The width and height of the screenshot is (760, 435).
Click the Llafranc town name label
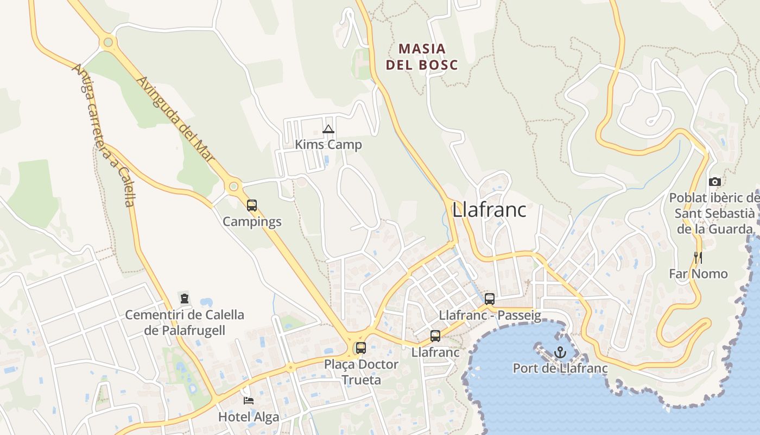tap(489, 210)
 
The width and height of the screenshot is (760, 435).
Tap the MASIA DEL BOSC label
tap(422, 57)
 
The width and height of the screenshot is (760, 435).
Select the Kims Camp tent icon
tap(328, 129)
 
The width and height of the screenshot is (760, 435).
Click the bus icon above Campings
tap(252, 206)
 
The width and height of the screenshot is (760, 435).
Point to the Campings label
tap(252, 222)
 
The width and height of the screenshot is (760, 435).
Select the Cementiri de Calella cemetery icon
tap(185, 299)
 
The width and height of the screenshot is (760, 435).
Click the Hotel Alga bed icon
tap(249, 401)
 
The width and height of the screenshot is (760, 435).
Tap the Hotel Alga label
tap(249, 417)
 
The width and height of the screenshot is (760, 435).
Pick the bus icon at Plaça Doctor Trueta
tap(361, 348)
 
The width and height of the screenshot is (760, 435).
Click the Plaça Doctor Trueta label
tap(361, 372)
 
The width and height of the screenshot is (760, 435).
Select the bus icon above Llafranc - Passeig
tap(490, 299)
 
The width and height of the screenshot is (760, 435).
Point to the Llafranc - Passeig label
tap(490, 315)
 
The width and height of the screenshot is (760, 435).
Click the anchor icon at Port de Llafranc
tap(560, 353)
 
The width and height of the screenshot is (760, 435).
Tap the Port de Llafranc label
tap(560, 369)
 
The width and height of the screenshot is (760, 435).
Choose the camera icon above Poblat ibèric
tap(715, 182)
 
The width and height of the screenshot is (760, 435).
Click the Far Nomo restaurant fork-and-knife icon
tap(698, 257)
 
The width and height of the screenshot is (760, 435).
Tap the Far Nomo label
tap(698, 274)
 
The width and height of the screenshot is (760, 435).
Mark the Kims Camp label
tap(328, 145)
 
